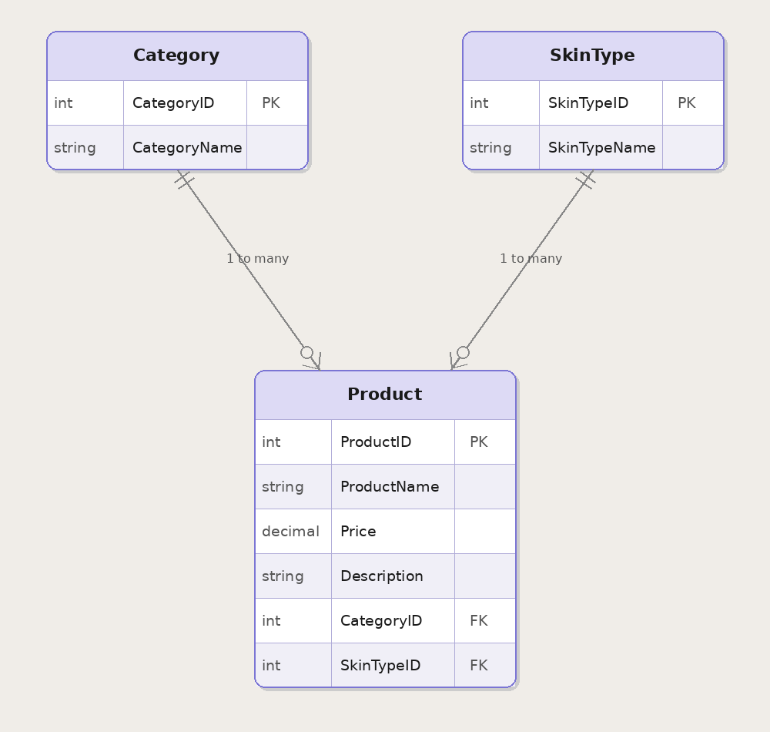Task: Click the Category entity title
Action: tap(176, 55)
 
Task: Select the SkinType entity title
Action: tap(592, 55)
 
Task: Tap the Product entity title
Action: tap(384, 395)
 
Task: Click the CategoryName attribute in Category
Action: tap(187, 148)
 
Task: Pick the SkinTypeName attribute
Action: tap(601, 148)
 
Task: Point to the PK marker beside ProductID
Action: tap(478, 442)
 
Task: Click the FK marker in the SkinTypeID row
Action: tap(478, 666)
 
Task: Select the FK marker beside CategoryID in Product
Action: tap(478, 621)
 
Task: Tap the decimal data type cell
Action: tap(290, 532)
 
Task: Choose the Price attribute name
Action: tap(358, 532)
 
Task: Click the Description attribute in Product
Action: tap(381, 576)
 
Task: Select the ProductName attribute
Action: tap(390, 487)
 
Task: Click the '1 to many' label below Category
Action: tap(257, 259)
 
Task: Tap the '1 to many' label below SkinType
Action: tap(531, 259)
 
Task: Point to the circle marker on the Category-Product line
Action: tap(306, 352)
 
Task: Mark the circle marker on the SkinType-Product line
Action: tap(463, 352)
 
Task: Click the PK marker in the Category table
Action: tap(270, 103)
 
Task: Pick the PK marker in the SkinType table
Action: tap(686, 103)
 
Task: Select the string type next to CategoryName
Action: tap(75, 148)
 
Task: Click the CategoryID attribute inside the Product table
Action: tap(380, 621)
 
